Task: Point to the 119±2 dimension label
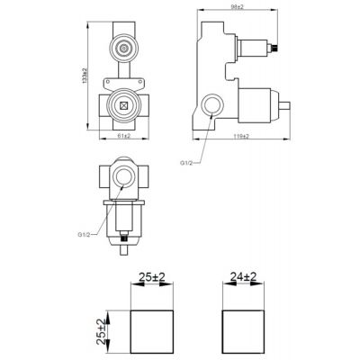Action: tap(239, 135)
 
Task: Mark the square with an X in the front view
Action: tap(121, 105)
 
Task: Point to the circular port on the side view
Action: tap(213, 107)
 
